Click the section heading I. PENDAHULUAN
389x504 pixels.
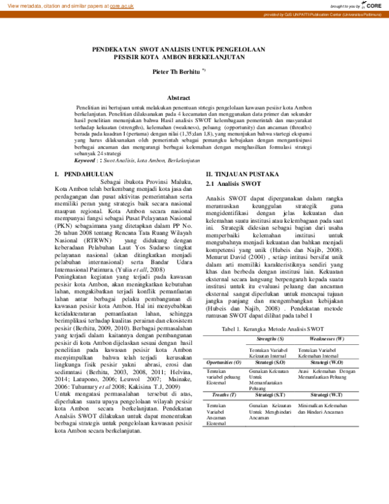pyautogui.click(x=80, y=175)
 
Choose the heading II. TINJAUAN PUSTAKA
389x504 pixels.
pyautogui.click(x=242, y=175)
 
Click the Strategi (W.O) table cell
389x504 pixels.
pyautogui.click(x=326, y=361)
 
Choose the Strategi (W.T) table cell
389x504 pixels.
pyautogui.click(x=326, y=394)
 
